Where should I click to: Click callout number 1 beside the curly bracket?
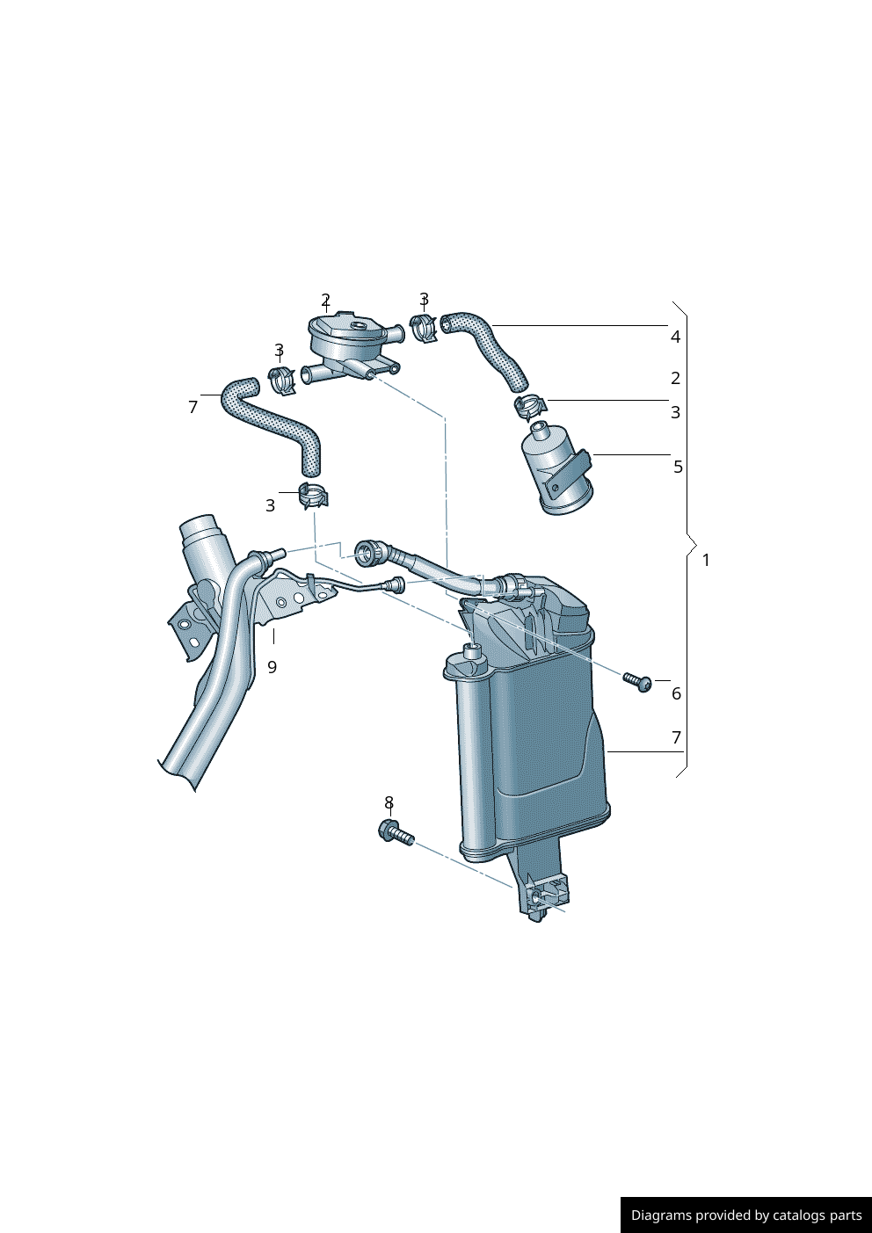click(x=706, y=561)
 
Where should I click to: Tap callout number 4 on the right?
click(x=675, y=337)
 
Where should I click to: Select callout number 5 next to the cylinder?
click(x=678, y=467)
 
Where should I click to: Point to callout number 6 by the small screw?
click(x=677, y=693)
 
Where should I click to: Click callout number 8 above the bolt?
click(x=389, y=802)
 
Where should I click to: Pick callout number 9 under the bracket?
click(x=272, y=667)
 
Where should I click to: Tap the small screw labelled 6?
click(x=638, y=682)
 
